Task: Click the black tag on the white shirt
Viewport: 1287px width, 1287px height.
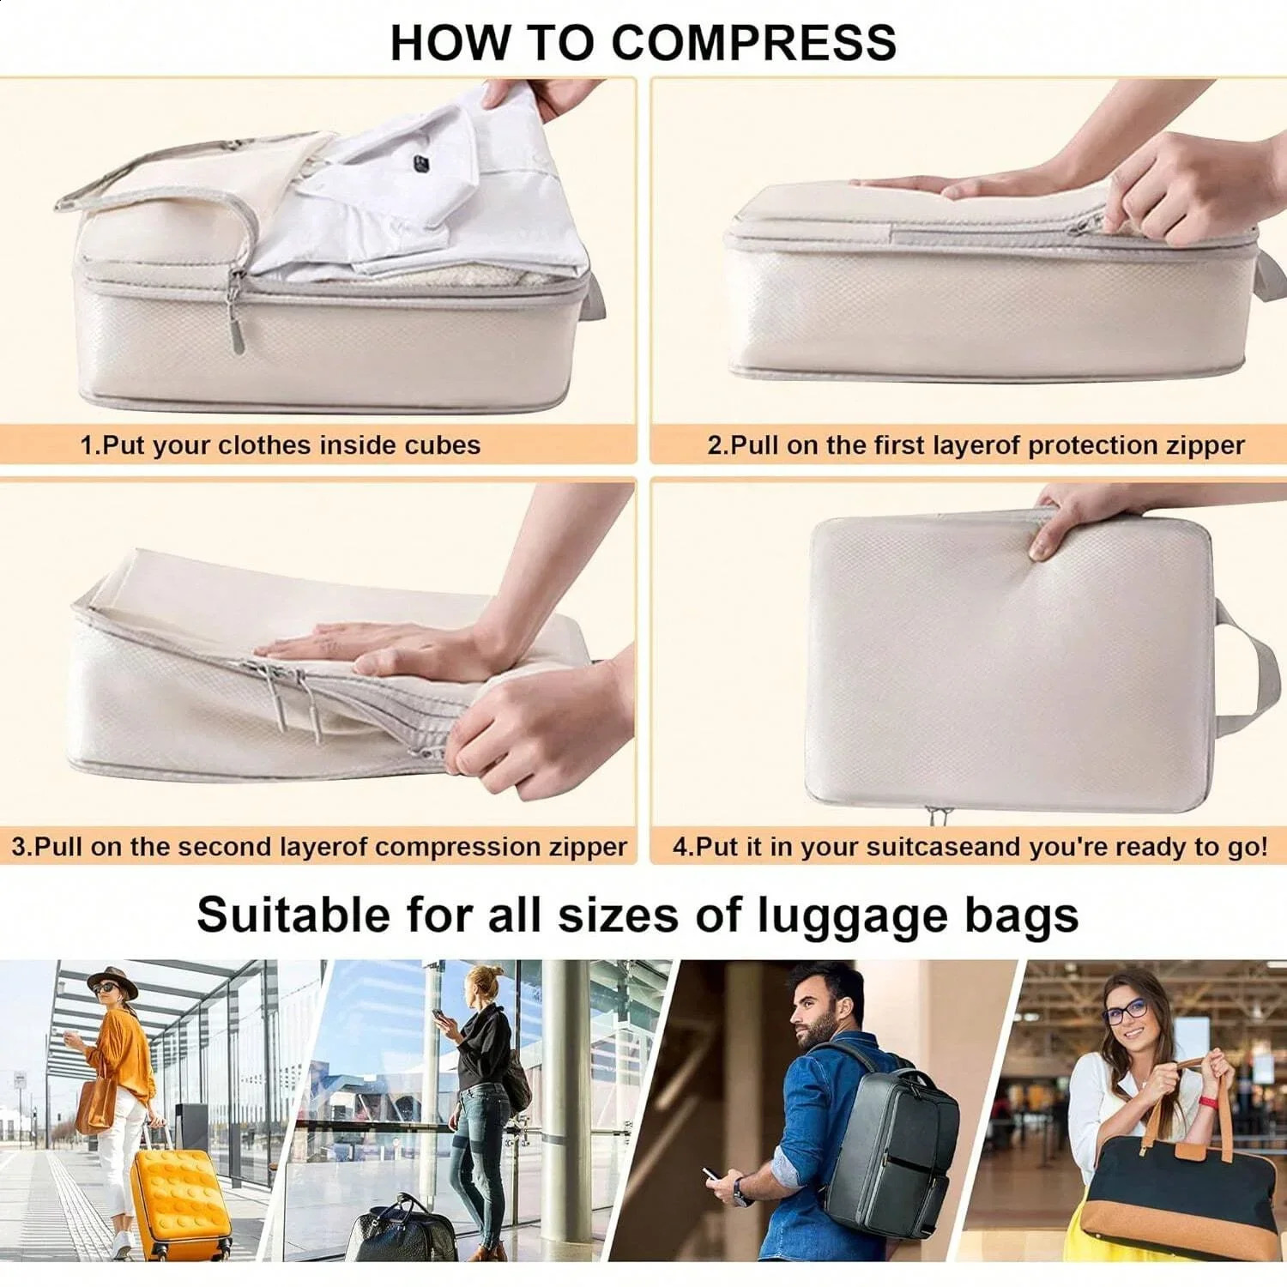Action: (420, 163)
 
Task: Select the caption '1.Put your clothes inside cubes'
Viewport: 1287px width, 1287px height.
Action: (280, 445)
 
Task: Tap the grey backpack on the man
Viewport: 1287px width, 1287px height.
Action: (892, 1133)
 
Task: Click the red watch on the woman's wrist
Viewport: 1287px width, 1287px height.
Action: (1210, 1103)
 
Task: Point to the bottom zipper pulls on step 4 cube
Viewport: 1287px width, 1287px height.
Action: (937, 813)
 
